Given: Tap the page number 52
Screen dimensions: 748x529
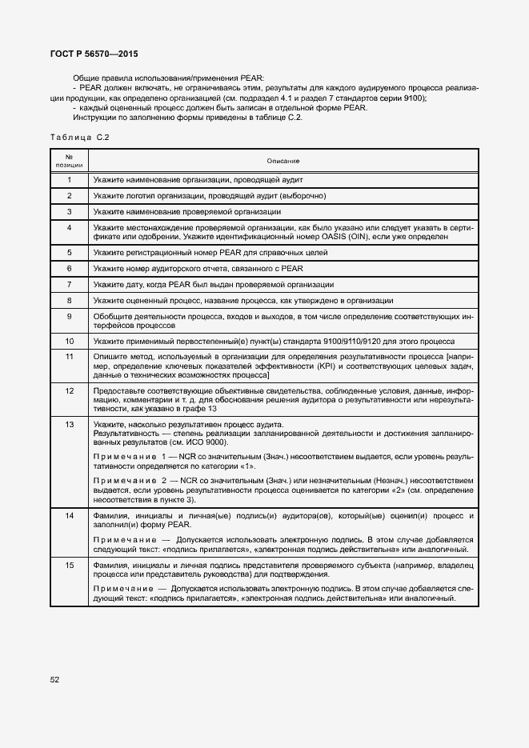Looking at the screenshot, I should [x=54, y=680].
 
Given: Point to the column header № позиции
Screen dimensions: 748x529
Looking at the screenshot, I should [x=69, y=160].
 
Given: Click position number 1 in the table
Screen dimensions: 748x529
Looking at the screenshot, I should [x=69, y=180].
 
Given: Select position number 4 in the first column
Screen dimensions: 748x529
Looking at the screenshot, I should [x=69, y=228].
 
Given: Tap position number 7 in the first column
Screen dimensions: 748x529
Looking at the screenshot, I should [x=69, y=284].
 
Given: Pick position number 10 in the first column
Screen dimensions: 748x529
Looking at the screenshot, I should [x=69, y=340].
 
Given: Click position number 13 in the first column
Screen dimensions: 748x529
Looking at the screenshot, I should [x=69, y=423].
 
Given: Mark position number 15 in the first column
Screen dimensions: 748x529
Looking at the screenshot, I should [x=69, y=566].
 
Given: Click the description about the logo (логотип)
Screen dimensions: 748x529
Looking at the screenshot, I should [x=209, y=196].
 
